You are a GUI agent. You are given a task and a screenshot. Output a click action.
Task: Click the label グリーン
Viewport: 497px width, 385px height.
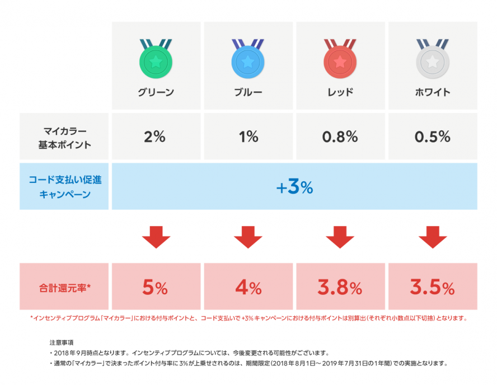pyautogui.click(x=156, y=92)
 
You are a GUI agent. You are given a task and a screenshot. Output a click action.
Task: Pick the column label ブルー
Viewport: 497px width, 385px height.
pyautogui.click(x=248, y=92)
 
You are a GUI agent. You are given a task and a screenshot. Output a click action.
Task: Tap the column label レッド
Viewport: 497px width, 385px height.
pyautogui.click(x=340, y=92)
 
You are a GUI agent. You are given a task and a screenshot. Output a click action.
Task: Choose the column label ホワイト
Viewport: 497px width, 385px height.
pyautogui.click(x=432, y=92)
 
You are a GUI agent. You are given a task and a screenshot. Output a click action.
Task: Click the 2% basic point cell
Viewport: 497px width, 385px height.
pyautogui.click(x=156, y=137)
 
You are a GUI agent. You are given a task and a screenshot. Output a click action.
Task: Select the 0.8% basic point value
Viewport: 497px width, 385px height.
pyautogui.click(x=340, y=137)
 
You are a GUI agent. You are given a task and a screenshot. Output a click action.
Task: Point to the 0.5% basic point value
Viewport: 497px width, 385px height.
pyautogui.click(x=432, y=137)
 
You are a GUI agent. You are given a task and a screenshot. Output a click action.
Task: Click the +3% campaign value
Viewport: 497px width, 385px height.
pyautogui.click(x=294, y=187)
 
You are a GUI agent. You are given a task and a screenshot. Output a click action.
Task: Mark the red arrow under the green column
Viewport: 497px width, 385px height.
pyautogui.click(x=156, y=237)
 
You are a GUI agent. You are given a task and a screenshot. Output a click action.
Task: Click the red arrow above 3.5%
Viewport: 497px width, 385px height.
pyautogui.click(x=432, y=237)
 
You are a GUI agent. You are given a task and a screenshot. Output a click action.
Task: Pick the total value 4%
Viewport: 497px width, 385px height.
pyautogui.click(x=248, y=288)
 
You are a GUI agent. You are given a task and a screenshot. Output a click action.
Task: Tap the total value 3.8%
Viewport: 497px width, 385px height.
pyautogui.click(x=340, y=288)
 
